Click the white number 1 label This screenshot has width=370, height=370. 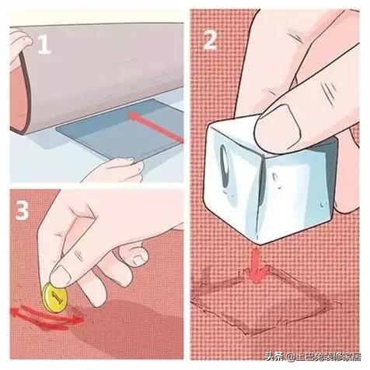[x=44, y=44]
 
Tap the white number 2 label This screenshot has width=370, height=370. [x=210, y=40]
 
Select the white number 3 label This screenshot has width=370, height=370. [x=22, y=211]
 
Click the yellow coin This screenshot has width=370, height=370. [x=55, y=298]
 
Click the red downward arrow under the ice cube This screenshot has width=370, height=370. [x=257, y=266]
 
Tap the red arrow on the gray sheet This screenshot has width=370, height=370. [x=156, y=127]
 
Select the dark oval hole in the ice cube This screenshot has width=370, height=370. [x=225, y=166]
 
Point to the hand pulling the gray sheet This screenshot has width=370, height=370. [x=115, y=170]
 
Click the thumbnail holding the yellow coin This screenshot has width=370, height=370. [x=61, y=276]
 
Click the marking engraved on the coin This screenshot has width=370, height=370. [x=57, y=297]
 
